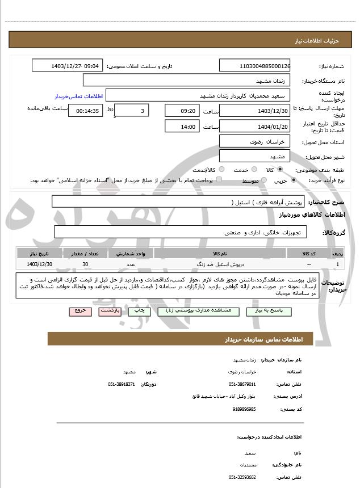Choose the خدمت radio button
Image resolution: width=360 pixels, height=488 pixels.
click(253, 170)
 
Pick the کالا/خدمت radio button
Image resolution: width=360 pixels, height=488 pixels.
click(221, 170)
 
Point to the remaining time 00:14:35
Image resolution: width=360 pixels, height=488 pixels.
click(85, 111)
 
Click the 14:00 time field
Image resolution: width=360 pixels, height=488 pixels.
click(182, 126)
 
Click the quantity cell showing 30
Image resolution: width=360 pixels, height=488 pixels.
click(85, 264)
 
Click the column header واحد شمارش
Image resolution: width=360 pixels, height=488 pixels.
click(131, 254)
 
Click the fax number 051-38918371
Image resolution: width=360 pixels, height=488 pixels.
click(120, 384)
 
